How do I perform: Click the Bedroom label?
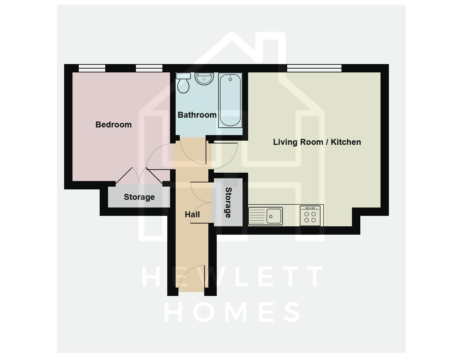pyautogui.click(x=114, y=125)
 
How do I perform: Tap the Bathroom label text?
pyautogui.click(x=197, y=115)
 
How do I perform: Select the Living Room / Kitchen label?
pyautogui.click(x=317, y=142)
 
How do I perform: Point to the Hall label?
pyautogui.click(x=192, y=214)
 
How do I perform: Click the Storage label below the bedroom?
pyautogui.click(x=139, y=197)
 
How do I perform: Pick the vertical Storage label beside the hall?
pyautogui.click(x=228, y=202)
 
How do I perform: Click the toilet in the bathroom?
pyautogui.click(x=183, y=83)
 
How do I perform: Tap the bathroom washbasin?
pyautogui.click(x=204, y=79)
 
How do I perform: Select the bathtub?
pyautogui.click(x=230, y=100)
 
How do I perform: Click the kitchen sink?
pyautogui.click(x=274, y=216)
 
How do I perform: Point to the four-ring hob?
pyautogui.click(x=310, y=216)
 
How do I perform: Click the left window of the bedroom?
pyautogui.click(x=92, y=68)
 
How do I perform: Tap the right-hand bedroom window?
pyautogui.click(x=149, y=68)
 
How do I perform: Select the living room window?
pyautogui.click(x=314, y=68)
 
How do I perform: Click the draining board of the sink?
pyautogui.click(x=257, y=216)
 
